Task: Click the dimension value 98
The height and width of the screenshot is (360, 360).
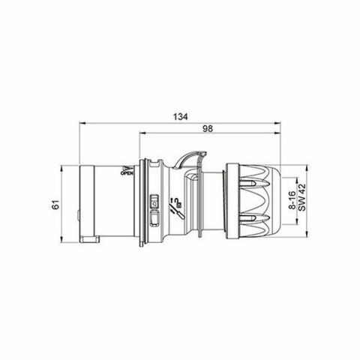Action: pyautogui.click(x=208, y=129)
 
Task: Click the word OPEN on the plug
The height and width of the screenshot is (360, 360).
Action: pyautogui.click(x=126, y=174)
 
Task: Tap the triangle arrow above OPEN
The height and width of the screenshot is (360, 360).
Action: pyautogui.click(x=127, y=166)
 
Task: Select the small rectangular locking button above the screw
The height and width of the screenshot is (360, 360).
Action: pyautogui.click(x=155, y=201)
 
